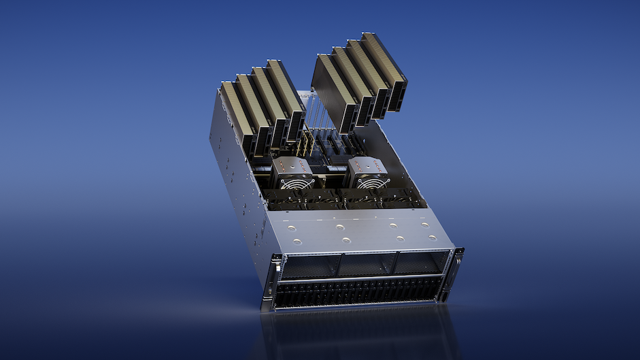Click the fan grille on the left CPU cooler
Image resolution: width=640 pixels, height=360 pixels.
click(x=298, y=183)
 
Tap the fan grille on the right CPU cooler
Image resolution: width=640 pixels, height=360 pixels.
click(x=373, y=182)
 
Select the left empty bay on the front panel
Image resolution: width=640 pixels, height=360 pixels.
click(x=309, y=265)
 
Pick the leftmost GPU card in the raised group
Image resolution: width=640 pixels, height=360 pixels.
click(x=334, y=91)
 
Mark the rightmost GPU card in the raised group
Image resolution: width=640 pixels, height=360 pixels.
click(x=385, y=68)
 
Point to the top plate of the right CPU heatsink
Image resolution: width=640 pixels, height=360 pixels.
click(x=367, y=165)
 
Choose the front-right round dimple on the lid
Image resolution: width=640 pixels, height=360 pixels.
click(x=433, y=236)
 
